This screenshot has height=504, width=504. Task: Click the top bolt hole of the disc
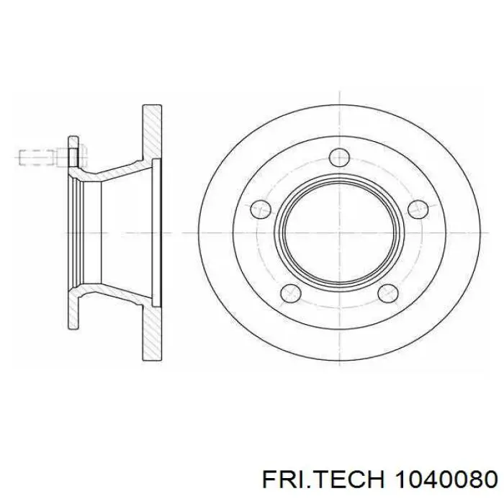339,158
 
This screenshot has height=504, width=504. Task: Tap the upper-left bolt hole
261,210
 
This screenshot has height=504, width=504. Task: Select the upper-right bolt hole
418,210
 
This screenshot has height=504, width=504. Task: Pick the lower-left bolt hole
291,294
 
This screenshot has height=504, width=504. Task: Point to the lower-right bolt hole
388,294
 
